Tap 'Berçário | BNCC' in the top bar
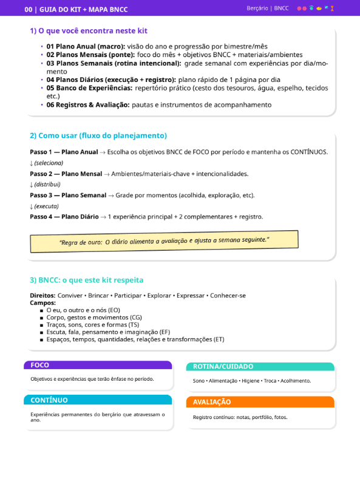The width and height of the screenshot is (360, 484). tap(267, 9)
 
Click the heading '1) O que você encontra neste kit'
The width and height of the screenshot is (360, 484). tap(88, 31)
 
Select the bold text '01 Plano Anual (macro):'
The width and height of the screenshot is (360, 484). tap(86, 46)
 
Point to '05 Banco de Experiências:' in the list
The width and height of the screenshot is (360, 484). tap(89, 87)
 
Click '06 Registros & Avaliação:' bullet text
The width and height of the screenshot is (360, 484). tap(87, 104)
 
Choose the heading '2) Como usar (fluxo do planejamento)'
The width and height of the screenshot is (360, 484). tap(98, 135)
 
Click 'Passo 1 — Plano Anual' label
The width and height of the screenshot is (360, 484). tap(64, 152)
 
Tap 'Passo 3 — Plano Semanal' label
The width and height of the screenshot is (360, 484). tap(68, 195)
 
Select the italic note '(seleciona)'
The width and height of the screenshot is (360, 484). tap(48, 163)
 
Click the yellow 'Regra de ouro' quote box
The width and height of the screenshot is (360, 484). tap(164, 241)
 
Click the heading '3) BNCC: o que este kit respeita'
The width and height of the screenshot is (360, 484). tap(86, 280)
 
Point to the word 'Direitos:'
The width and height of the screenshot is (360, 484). tap(42, 295)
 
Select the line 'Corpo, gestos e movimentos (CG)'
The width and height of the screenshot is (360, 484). tap(93, 317)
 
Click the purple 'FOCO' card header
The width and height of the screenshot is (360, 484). tap(98, 365)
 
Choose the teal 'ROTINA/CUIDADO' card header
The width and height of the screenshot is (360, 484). tap(260, 367)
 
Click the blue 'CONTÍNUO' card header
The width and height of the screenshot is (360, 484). tap(98, 400)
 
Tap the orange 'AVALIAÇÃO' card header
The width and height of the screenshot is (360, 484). tap(260, 402)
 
